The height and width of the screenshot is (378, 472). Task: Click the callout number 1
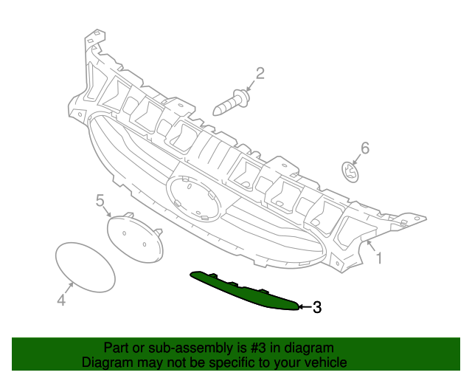point(379,258)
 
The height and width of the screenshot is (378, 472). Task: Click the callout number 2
point(260,72)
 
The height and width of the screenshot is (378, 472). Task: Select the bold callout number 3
point(317,308)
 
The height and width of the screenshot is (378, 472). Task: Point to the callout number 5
point(100,200)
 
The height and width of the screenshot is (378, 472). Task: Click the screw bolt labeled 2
point(231,103)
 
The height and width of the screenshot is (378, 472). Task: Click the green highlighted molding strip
point(243,290)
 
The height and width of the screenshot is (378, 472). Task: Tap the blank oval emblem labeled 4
point(86,267)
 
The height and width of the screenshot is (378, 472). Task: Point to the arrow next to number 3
point(305,306)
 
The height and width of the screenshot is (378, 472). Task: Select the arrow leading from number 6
point(357,158)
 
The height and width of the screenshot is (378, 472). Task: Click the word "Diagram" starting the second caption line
point(105,362)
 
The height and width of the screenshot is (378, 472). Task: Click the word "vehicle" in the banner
point(325,362)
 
